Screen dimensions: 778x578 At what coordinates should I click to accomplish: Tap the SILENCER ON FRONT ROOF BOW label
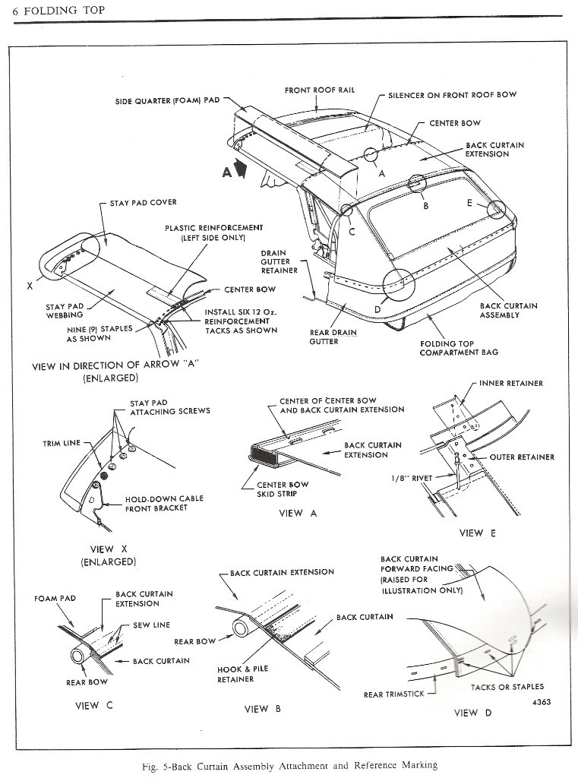point(452,95)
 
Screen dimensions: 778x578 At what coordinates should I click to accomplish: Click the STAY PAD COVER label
point(143,203)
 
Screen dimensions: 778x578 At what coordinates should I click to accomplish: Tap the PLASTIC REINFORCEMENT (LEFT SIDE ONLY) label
point(213,232)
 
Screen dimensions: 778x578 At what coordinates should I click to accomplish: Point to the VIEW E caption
point(477,533)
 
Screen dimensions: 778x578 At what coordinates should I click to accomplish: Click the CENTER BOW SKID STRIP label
point(283,489)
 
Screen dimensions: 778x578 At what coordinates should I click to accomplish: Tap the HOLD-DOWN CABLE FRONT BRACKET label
point(164,504)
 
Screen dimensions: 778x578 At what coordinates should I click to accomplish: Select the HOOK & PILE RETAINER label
point(242,674)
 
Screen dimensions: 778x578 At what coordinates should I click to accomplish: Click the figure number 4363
point(539,702)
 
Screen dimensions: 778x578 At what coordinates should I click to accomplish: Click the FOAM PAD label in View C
point(55,599)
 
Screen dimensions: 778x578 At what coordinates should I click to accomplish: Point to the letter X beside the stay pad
point(29,286)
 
